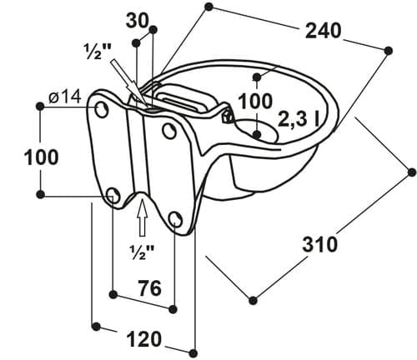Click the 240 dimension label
coord(324,31)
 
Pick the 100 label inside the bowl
coord(255,101)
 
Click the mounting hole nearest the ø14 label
coord(102,108)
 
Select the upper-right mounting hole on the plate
coord(169,130)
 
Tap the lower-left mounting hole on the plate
coord(113,195)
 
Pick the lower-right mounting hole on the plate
coord(175,219)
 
